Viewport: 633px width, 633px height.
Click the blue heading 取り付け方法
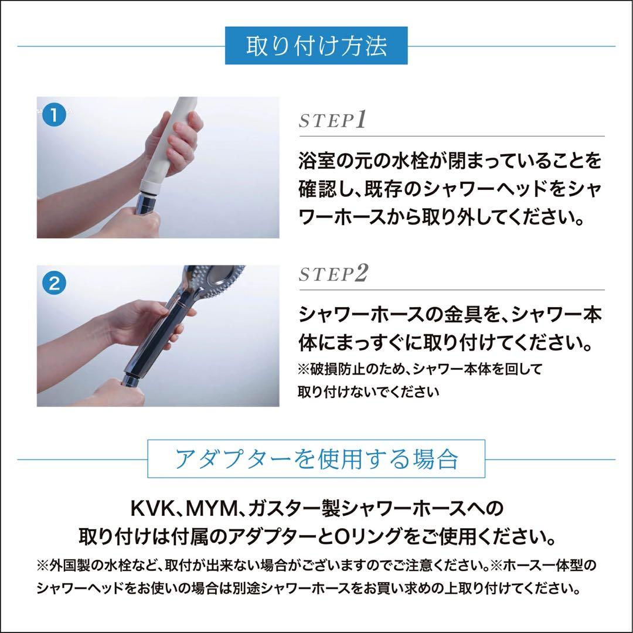click(316, 46)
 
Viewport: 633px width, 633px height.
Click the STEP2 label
click(332, 275)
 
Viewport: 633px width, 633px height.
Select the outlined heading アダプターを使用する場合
click(316, 459)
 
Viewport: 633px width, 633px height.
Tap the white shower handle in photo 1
click(176, 141)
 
